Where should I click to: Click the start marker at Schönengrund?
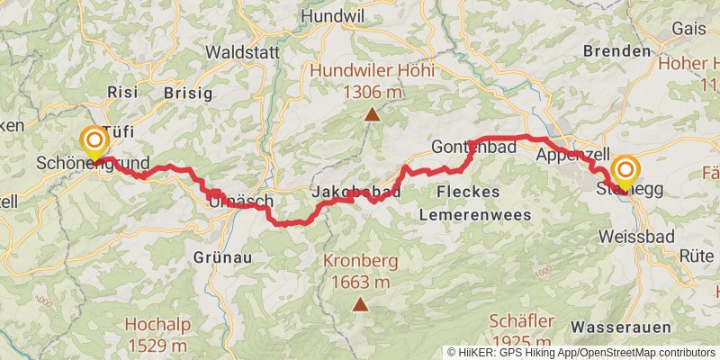coord(94,142)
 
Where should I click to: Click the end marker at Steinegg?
coord(625,170)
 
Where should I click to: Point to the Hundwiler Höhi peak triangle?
coord(371,113)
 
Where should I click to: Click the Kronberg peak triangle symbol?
coord(360,304)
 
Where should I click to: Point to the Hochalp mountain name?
coord(156,325)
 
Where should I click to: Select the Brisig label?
coord(188,93)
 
